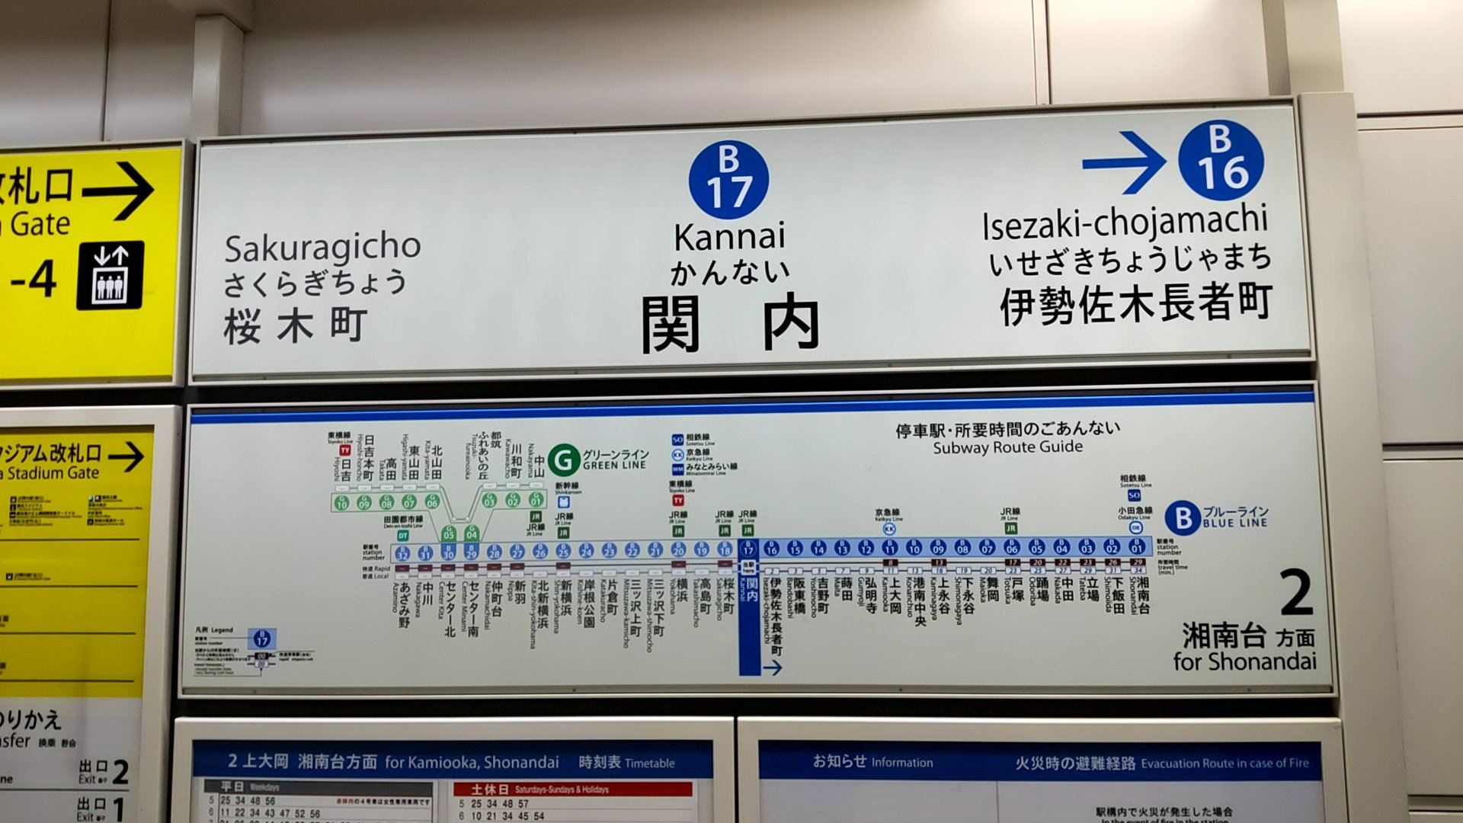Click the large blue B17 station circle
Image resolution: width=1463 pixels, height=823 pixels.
(x=728, y=180)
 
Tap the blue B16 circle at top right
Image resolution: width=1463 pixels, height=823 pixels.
(x=1220, y=160)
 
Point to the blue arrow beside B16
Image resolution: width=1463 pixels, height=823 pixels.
(x=1123, y=162)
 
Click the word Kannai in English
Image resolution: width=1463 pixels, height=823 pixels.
(x=729, y=237)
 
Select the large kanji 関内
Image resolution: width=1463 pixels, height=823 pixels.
(x=729, y=323)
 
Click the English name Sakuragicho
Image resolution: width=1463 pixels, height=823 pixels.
(x=322, y=248)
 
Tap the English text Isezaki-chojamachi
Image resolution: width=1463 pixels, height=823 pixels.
(x=1125, y=223)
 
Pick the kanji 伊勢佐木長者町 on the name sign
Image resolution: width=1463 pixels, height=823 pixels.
(x=1135, y=304)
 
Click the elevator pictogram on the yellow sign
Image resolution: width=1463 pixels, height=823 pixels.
(x=110, y=275)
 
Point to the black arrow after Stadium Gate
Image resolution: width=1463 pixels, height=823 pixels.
(x=126, y=457)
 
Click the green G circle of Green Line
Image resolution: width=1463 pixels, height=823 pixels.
(x=563, y=459)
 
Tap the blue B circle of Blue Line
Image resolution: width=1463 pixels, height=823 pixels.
(x=1183, y=517)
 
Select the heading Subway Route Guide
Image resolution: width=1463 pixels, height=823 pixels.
(x=1007, y=447)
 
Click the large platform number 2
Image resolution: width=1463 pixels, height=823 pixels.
(x=1296, y=594)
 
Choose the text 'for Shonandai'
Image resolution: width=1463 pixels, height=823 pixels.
(x=1244, y=661)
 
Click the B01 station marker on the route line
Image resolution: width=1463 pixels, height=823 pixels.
(x=1137, y=547)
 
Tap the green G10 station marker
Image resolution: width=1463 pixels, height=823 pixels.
(x=341, y=502)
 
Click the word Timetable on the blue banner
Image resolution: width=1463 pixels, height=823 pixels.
(x=649, y=763)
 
